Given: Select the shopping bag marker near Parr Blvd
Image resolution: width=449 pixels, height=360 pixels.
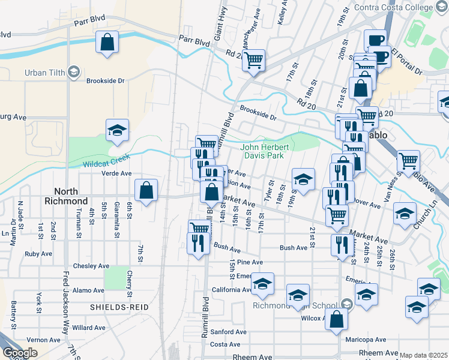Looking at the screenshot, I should coord(107,43).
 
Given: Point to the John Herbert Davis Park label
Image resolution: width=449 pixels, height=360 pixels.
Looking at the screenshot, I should coord(265,151).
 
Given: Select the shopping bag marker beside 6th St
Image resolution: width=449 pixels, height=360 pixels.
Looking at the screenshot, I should coord(146,190).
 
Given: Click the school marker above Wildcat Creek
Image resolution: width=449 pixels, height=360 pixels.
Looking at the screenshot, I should coord(117,130).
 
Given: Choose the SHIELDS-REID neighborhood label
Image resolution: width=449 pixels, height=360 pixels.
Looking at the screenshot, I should coord(119,307).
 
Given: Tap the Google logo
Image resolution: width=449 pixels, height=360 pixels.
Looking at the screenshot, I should coord(20,353).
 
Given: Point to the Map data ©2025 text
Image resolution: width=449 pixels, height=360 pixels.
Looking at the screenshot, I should coord(423,355).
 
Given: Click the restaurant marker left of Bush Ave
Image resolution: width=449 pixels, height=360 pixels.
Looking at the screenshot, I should coord(199,243).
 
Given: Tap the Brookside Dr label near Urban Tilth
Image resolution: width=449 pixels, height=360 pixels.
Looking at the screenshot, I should coord(105,80).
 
